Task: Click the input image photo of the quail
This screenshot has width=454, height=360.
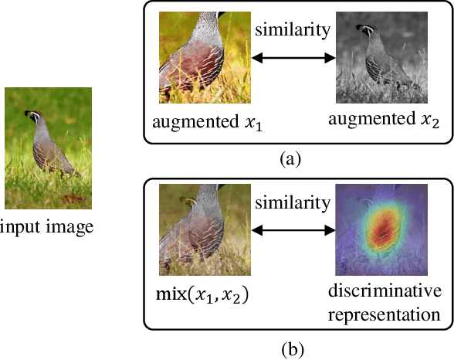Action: click(x=49, y=148)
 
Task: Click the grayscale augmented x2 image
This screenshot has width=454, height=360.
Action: click(x=381, y=57)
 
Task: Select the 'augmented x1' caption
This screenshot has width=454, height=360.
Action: click(x=203, y=122)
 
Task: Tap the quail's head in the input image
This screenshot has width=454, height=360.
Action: click(x=32, y=117)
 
